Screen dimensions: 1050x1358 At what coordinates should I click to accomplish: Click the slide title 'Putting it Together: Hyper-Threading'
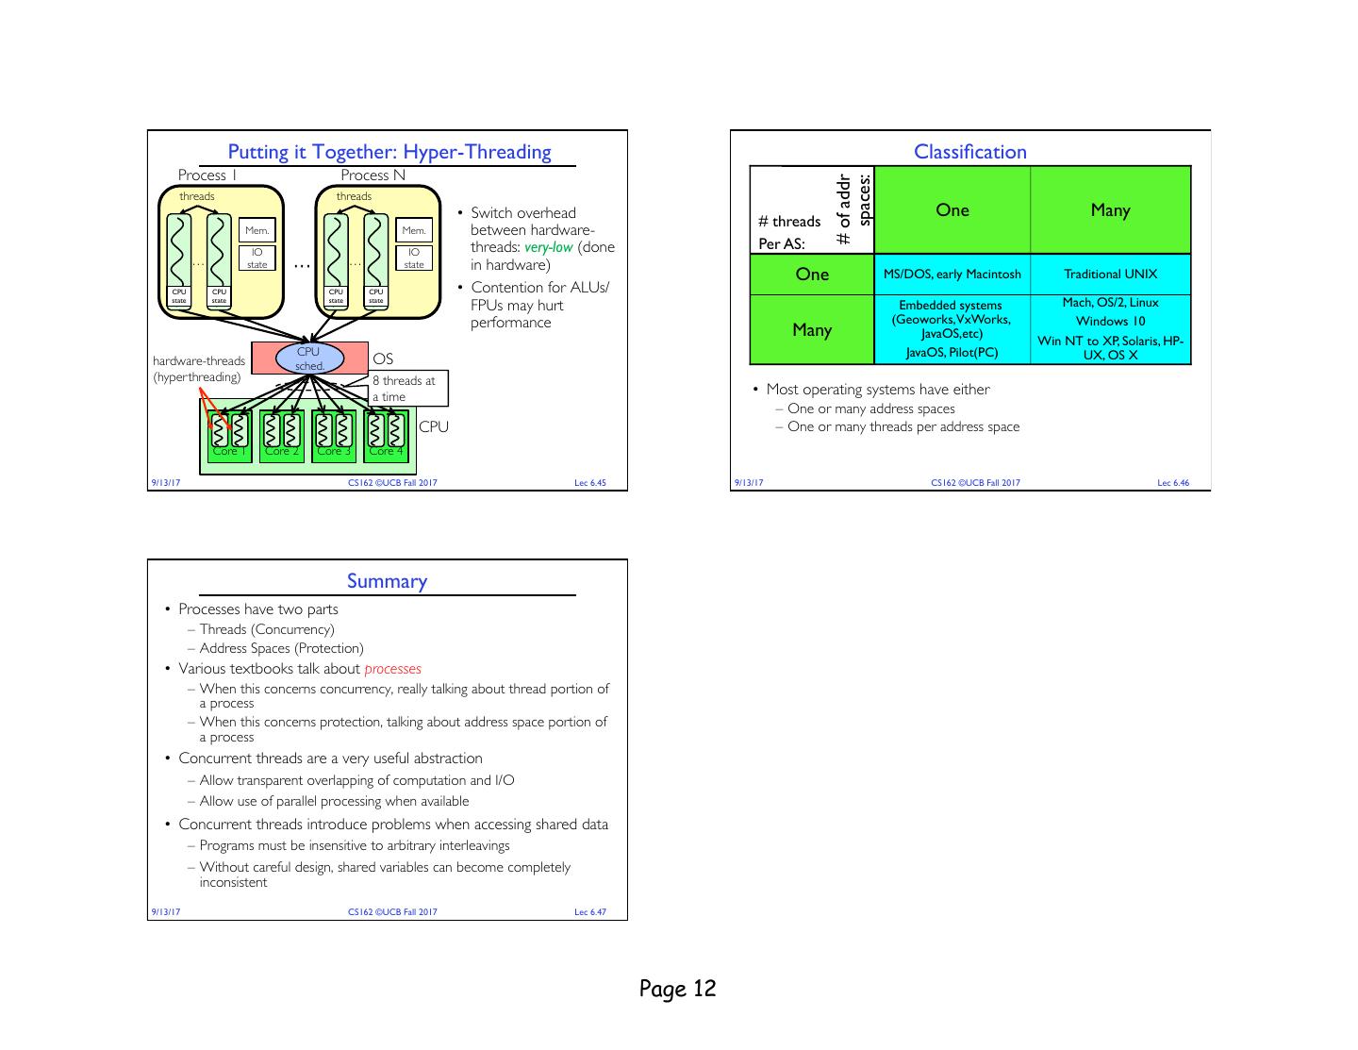pos(389,152)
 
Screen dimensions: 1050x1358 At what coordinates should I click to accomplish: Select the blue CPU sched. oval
pos(309,358)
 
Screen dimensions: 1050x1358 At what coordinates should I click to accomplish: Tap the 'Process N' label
pos(373,175)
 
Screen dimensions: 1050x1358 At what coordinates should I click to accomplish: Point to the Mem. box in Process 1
pos(257,230)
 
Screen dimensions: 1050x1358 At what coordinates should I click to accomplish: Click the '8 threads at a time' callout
pos(406,388)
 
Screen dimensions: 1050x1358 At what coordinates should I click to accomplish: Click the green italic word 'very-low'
pos(548,247)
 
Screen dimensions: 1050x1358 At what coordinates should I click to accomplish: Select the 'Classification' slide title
pos(969,152)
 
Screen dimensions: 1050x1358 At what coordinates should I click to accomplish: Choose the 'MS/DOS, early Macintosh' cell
pos(952,275)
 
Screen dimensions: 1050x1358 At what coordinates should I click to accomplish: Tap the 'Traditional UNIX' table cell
pos(1110,275)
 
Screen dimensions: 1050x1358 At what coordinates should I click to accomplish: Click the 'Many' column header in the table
pos(1110,210)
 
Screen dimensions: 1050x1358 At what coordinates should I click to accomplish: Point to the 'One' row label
pos(812,275)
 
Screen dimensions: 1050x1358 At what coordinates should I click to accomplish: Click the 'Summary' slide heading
pos(387,581)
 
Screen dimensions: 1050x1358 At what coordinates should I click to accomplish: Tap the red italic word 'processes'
pos(392,669)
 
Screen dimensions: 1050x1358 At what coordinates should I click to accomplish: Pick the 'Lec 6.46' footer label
pos(1173,483)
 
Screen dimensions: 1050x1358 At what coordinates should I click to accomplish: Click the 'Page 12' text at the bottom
pos(677,989)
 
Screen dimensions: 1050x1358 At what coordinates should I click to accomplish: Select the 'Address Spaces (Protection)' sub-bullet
pos(281,648)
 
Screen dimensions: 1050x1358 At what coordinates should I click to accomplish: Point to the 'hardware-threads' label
pos(199,360)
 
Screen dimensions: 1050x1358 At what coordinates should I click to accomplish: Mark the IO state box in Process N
pos(414,258)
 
